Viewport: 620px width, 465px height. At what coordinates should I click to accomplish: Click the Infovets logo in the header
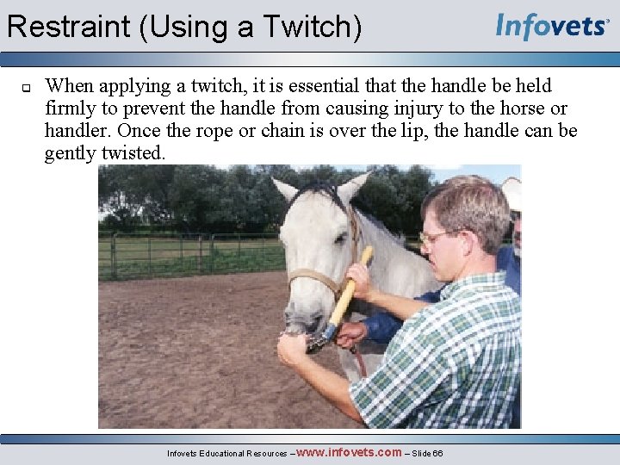click(x=551, y=27)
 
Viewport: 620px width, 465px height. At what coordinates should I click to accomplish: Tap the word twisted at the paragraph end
click(x=138, y=153)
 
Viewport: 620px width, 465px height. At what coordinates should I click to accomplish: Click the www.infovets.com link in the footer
click(x=349, y=452)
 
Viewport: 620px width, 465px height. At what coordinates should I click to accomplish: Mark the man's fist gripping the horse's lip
click(x=293, y=349)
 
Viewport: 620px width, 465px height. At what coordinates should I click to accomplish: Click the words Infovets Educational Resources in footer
click(x=228, y=453)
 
